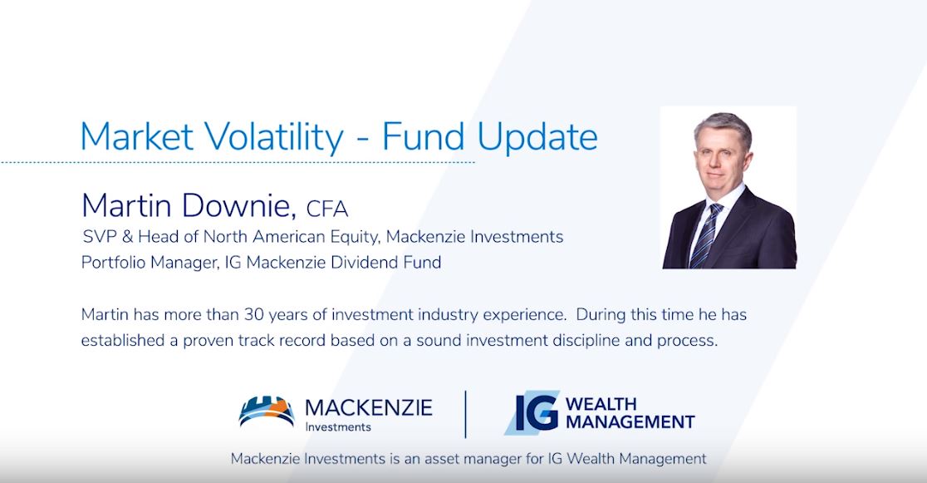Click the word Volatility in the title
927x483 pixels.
tap(274, 137)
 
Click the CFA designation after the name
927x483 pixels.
tap(327, 209)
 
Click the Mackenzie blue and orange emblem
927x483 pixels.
tap(267, 411)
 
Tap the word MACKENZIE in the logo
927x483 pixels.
tap(369, 408)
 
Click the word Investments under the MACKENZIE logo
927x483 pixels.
tap(338, 426)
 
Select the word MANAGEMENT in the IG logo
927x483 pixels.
tap(630, 422)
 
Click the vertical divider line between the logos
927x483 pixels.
tap(466, 414)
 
